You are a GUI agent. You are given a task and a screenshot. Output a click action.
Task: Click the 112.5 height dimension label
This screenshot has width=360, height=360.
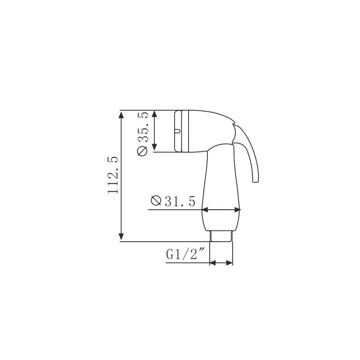pos(113,175)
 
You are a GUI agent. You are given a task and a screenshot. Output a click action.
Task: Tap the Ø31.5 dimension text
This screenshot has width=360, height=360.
pos(173,201)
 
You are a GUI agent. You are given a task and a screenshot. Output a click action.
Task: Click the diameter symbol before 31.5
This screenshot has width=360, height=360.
pos(156,201)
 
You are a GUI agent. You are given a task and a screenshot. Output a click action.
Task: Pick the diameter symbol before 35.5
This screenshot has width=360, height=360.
pos(142,151)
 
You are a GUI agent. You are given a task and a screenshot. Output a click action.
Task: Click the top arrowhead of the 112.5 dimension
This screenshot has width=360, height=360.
pos(121,114)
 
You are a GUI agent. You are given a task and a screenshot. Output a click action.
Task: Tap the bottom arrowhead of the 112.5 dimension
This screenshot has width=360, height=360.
pos(121,237)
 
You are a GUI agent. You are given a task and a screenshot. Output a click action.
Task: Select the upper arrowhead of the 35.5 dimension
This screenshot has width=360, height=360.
pos(154,114)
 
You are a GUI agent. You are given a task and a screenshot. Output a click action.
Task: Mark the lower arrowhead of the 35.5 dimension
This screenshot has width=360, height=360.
pos(154,147)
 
